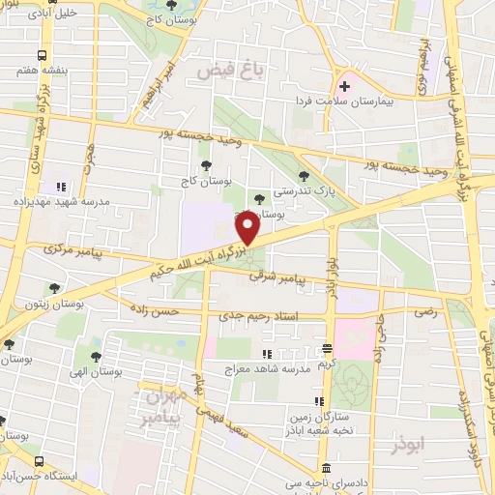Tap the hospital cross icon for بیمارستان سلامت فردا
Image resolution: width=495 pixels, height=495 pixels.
[x=344, y=86]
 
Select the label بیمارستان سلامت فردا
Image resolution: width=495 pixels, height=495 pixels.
[x=345, y=100]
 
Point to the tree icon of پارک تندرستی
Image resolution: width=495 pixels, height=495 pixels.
[x=306, y=175]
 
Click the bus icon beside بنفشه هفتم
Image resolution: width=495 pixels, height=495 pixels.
[x=43, y=56]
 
